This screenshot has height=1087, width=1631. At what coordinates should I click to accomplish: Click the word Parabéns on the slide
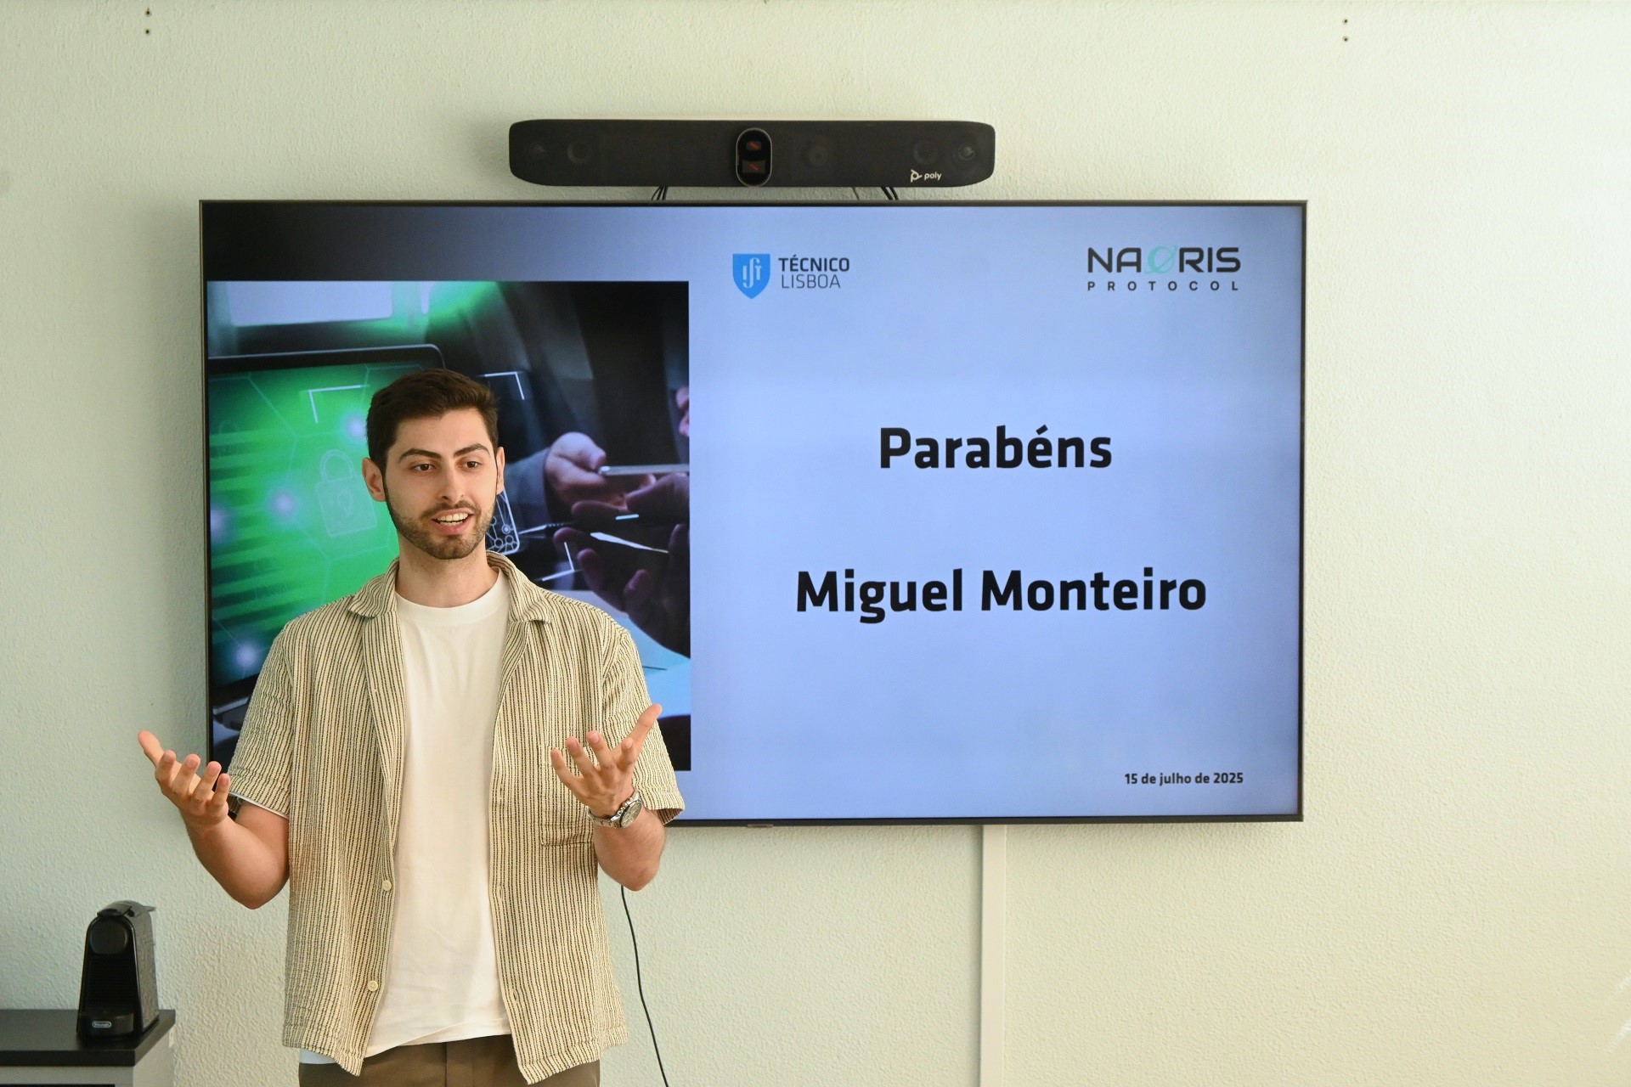tap(995, 449)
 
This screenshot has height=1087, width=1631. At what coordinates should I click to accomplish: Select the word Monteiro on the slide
tap(1093, 591)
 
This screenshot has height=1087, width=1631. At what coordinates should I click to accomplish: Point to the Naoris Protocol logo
tap(1163, 268)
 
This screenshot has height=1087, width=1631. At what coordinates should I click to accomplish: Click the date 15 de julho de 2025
tap(1183, 778)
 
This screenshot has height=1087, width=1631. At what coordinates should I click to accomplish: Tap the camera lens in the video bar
tap(753, 156)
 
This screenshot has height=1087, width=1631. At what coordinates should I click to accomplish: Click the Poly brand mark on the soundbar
tap(926, 176)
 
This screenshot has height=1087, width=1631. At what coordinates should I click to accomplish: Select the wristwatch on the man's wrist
tap(619, 811)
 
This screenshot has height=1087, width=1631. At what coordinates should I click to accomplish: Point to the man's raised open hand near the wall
tap(183, 774)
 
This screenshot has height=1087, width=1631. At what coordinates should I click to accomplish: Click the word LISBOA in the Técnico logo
tap(810, 281)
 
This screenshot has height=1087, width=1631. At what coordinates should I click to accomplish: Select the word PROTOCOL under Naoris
tap(1162, 285)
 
